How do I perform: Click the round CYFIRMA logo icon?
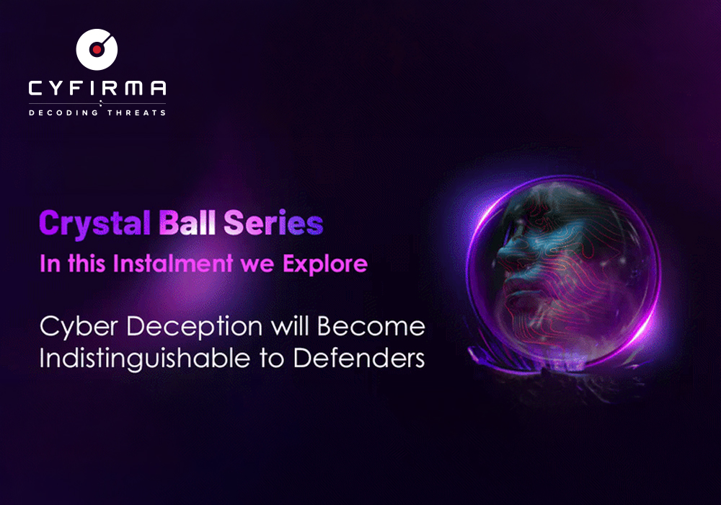97,50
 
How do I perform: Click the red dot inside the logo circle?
96,50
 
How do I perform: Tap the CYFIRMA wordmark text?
97,89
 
